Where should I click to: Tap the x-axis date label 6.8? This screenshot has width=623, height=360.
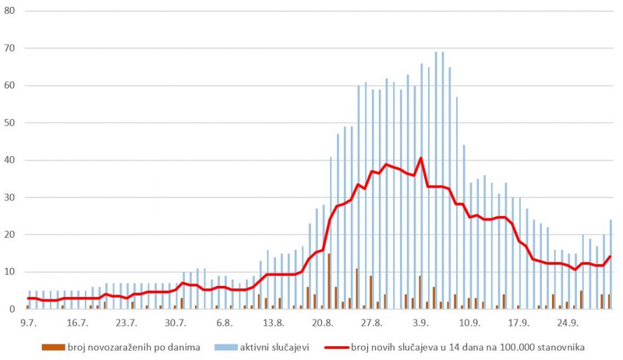click(224, 323)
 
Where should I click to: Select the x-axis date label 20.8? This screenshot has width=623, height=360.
click(322, 323)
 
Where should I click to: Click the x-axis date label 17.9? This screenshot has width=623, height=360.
click(518, 323)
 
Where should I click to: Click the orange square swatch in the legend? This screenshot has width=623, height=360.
click(55, 346)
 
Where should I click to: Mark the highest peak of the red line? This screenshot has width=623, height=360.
click(421, 158)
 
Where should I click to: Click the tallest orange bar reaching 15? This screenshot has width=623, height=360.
click(329, 281)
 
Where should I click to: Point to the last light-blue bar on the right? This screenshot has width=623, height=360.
click(611, 264)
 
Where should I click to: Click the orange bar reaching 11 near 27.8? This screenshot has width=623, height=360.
click(357, 288)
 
